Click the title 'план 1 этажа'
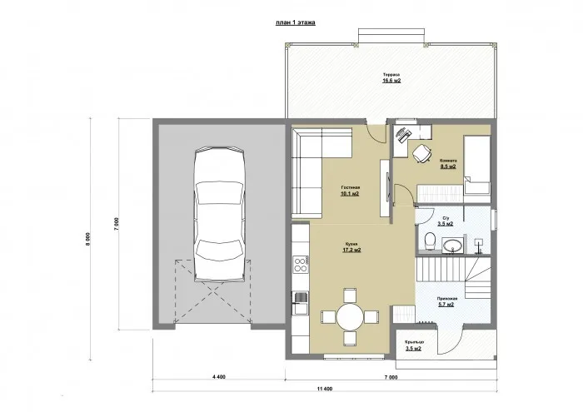tap(295, 24)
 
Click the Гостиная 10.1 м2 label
tap(349, 192)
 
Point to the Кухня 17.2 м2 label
tap(351, 247)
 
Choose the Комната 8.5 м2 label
tap(447, 163)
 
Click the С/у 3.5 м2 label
tap(446, 221)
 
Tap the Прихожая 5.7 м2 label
tap(446, 301)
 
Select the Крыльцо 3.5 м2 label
tap(414, 346)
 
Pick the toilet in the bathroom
tap(428, 241)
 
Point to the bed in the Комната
tap(476, 165)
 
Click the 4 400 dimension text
tap(220, 377)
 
